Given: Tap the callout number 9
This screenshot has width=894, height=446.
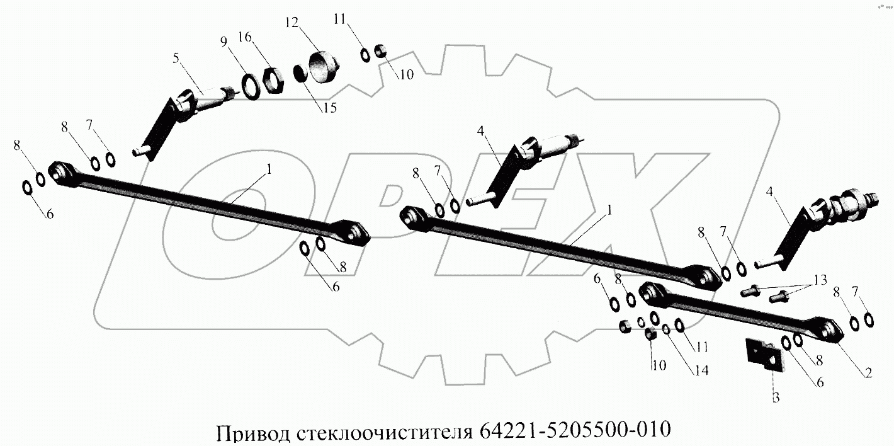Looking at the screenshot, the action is pyautogui.click(x=224, y=43).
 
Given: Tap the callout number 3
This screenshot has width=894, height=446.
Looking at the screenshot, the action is pyautogui.click(x=776, y=397).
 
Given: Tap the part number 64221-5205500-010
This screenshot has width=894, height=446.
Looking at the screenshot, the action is pyautogui.click(x=575, y=432).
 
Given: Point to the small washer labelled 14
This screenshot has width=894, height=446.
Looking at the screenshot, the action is pyautogui.click(x=665, y=328).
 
